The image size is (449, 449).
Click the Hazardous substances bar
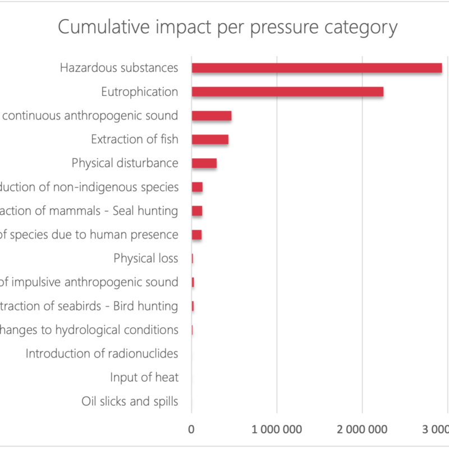pyautogui.click(x=317, y=68)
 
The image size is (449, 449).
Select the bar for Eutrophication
pyautogui.click(x=287, y=92)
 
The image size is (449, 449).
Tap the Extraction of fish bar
pyautogui.click(x=210, y=140)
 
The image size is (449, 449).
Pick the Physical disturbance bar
pyautogui.click(x=204, y=163)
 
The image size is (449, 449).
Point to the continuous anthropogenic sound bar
pyautogui.click(x=212, y=116)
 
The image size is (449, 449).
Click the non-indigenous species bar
pyautogui.click(x=197, y=187)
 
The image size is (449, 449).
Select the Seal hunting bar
pyautogui.click(x=197, y=211)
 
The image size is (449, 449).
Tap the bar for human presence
pyautogui.click(x=196, y=235)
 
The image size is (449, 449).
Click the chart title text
pyautogui.click(x=228, y=28)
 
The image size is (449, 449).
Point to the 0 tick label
pyautogui.click(x=191, y=429)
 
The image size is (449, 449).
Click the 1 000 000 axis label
pyautogui.click(x=277, y=429)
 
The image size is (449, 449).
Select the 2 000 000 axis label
pyautogui.click(x=363, y=429)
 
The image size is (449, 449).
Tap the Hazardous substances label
pyautogui.click(x=119, y=68)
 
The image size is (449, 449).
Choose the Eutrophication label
pyautogui.click(x=140, y=92)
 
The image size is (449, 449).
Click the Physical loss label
pyautogui.click(x=146, y=258)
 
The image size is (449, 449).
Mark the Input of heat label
pyautogui.click(x=144, y=377)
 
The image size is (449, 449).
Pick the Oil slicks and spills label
pyautogui.click(x=130, y=401)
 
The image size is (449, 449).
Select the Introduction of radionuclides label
pyautogui.click(x=102, y=354)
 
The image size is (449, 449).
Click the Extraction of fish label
pyautogui.click(x=135, y=139)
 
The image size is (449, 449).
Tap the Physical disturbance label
pyautogui.click(x=125, y=163)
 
